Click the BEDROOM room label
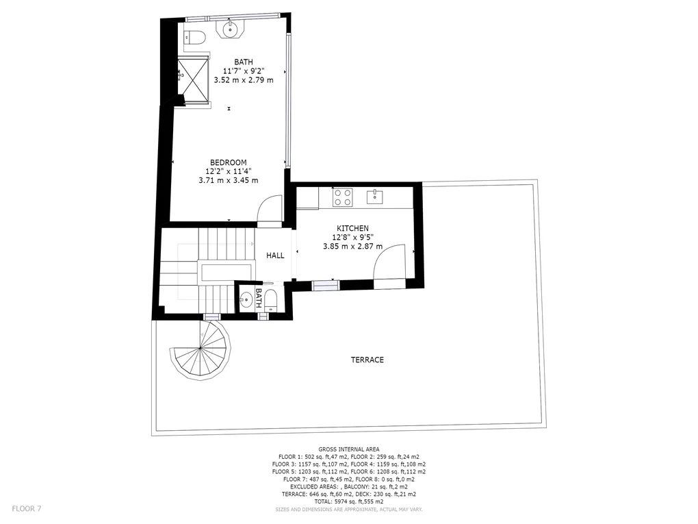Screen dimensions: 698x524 [x=229, y=162]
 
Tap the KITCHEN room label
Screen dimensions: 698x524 [x=352, y=228]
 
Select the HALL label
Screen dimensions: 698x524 [x=275, y=255]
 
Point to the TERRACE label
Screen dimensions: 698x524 [x=367, y=360]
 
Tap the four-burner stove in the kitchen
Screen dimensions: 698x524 [x=343, y=197]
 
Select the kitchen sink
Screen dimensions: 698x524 [x=375, y=197]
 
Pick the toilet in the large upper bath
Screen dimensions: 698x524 [x=194, y=38]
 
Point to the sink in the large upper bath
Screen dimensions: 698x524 [x=230, y=29]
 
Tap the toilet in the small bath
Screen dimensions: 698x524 [x=271, y=299]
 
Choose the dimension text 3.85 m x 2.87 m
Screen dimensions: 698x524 [x=352, y=246]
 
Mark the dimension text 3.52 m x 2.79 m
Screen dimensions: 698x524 [x=244, y=80]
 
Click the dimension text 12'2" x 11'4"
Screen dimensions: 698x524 [x=229, y=171]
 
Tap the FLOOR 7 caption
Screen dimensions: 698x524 [x=27, y=508]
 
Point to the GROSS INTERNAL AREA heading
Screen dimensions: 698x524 [x=349, y=449]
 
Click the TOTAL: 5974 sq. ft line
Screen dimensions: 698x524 [x=349, y=501]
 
